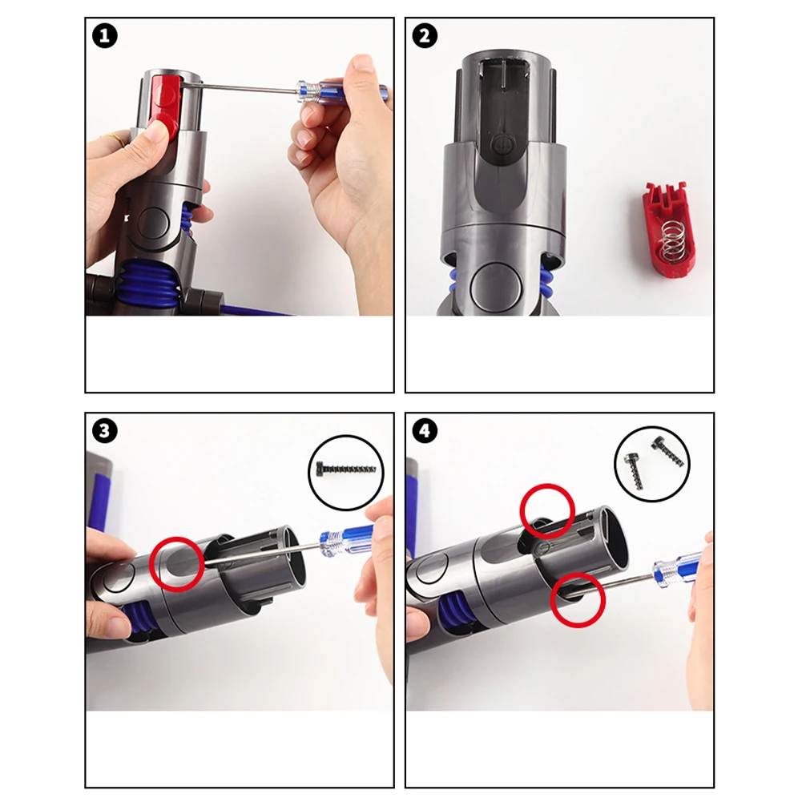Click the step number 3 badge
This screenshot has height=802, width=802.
[x=104, y=430]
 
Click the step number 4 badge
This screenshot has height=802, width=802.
[x=424, y=430]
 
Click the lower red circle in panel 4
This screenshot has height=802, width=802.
[x=577, y=600]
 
